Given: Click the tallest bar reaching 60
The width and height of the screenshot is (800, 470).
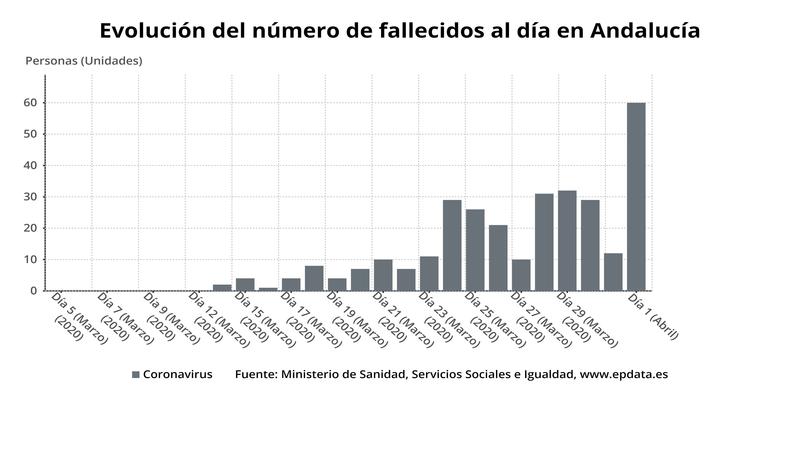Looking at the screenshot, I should coord(636,196).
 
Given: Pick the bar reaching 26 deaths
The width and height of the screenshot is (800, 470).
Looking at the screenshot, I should coord(475,250).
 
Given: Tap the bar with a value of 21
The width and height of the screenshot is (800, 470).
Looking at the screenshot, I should coord(498,258).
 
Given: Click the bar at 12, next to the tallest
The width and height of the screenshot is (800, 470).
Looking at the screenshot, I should coord(613,272).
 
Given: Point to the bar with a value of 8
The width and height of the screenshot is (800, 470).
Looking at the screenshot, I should coord(314,278).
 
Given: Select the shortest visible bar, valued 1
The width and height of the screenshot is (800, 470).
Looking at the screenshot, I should coord(268,289).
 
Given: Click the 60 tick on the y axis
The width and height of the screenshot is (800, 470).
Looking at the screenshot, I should coord(31,103).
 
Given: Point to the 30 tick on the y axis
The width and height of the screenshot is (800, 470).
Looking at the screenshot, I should coord(31,197).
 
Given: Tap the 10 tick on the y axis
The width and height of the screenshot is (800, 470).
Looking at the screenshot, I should coord(31,260).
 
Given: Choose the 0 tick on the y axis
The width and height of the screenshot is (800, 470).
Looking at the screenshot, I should coord(34,291).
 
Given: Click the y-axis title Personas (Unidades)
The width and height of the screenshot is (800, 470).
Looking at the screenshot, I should coord(84,60).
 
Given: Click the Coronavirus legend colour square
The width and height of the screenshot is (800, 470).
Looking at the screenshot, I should coord(136,375).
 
